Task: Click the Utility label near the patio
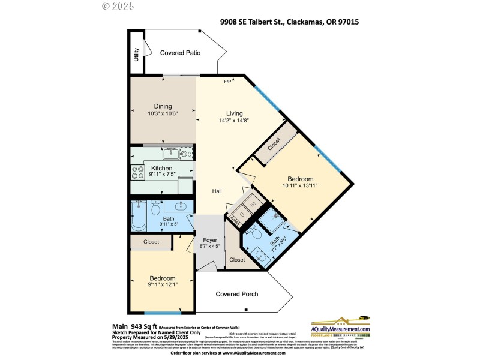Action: pos(137,54)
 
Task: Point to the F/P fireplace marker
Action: pos(227,82)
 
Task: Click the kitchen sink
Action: pos(169,154)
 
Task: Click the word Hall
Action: pos(217,191)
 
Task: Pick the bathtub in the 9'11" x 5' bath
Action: pos(139,217)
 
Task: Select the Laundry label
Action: pos(235,220)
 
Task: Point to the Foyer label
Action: pos(210,240)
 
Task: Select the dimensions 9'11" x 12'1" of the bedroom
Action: pos(162,284)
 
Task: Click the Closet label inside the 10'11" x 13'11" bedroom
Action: pos(275,144)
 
